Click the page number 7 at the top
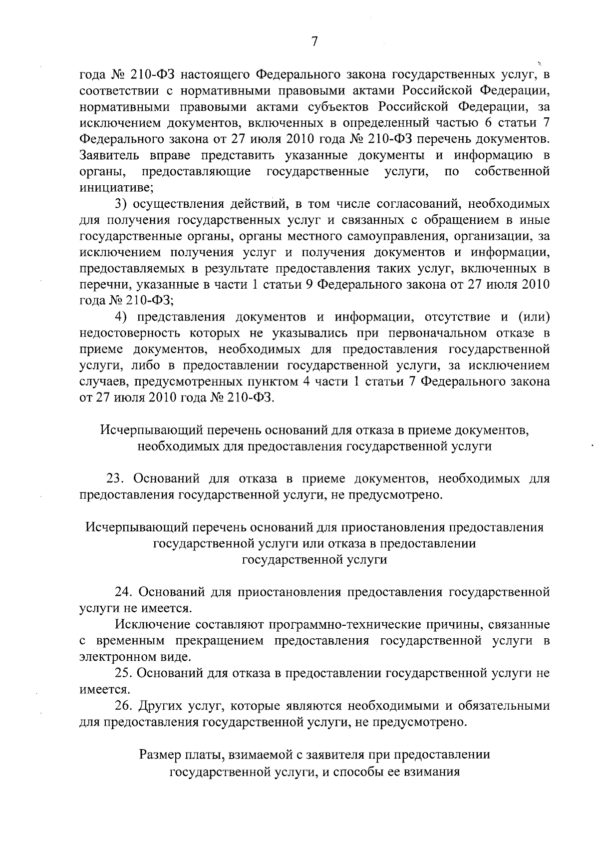[314, 42]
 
